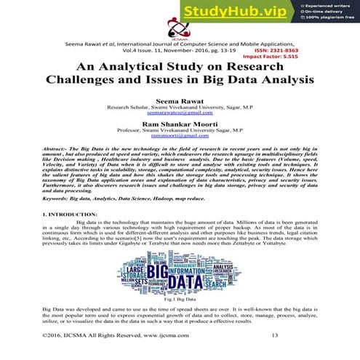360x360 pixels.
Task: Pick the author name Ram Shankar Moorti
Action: [180, 124]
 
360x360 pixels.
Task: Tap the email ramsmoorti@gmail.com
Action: [180, 136]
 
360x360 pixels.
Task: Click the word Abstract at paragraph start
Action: [58, 148]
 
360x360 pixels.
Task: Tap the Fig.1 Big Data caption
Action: [180, 299]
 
